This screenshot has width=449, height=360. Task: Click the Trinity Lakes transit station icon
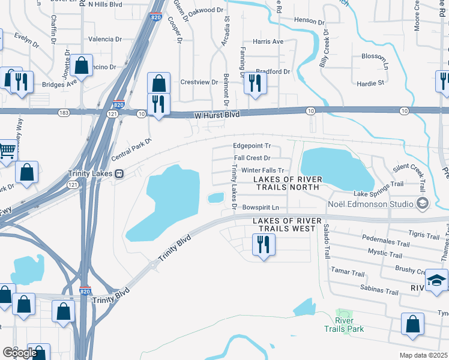tap(119, 173)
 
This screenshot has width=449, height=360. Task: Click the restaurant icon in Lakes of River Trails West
tap(263, 245)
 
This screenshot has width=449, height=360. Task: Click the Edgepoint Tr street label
tap(252, 146)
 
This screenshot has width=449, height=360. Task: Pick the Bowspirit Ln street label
tap(261, 208)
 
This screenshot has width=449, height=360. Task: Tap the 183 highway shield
tap(62, 113)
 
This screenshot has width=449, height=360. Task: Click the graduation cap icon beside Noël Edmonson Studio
tap(423, 203)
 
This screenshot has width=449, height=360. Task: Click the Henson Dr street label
tap(309, 20)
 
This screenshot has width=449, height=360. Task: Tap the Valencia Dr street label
tap(105, 39)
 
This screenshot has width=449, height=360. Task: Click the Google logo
tap(19, 353)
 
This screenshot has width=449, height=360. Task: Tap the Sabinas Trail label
tap(379, 292)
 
